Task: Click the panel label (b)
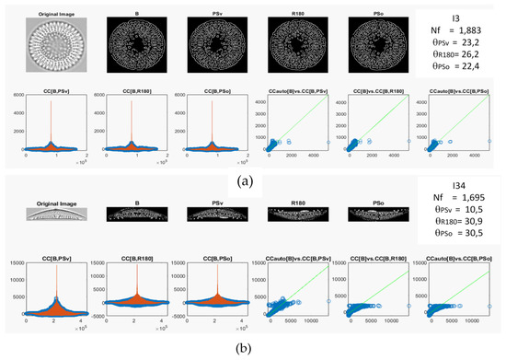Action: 252,351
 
